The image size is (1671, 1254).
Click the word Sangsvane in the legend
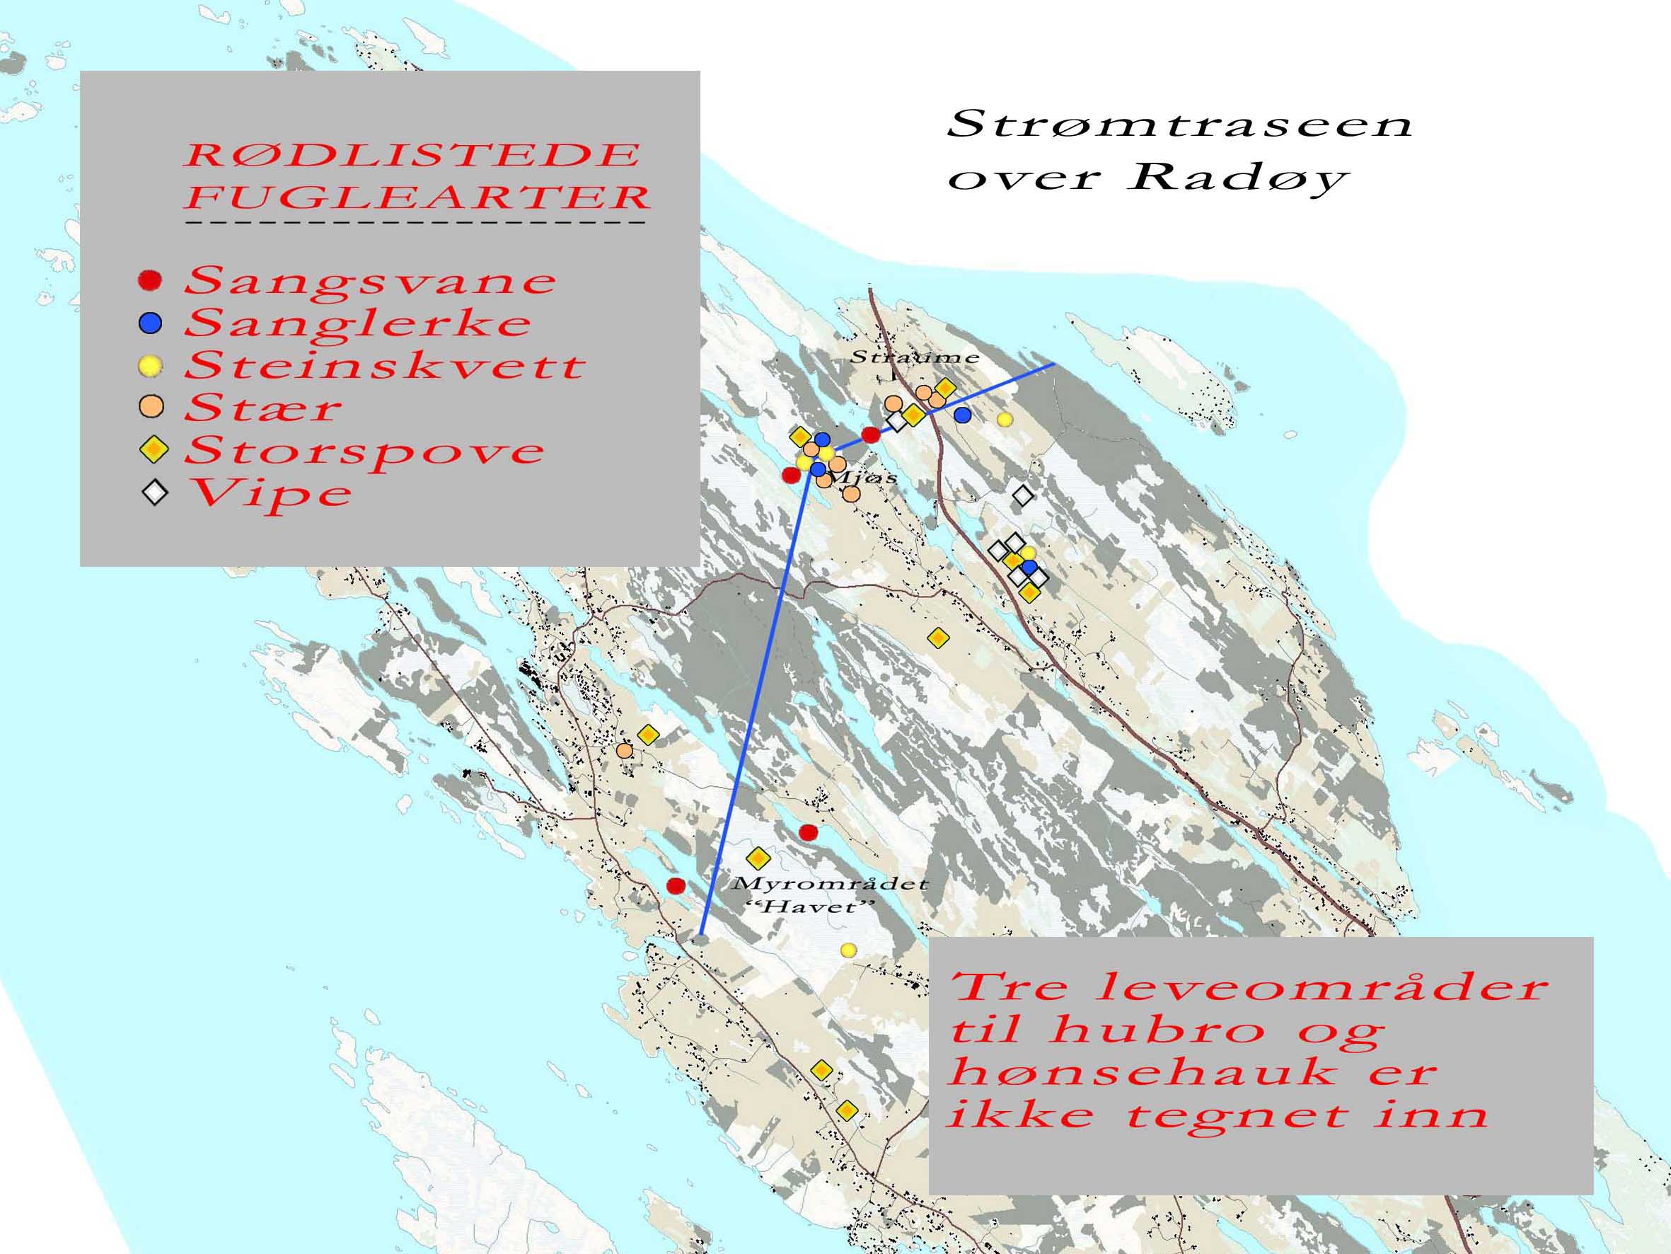click(370, 281)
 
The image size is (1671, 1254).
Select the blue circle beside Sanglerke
click(151, 323)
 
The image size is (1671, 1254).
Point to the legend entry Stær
click(263, 409)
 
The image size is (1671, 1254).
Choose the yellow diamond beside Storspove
click(154, 451)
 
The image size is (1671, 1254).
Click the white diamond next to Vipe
click(155, 493)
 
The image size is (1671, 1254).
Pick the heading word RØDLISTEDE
click(412, 155)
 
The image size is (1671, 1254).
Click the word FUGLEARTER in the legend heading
click(417, 197)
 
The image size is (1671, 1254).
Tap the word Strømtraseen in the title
click(1179, 124)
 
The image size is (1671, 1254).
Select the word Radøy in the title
click(1238, 178)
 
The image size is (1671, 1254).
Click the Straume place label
click(914, 357)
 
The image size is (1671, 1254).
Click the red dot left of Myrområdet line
click(676, 885)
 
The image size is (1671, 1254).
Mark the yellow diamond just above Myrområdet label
click(758, 858)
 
